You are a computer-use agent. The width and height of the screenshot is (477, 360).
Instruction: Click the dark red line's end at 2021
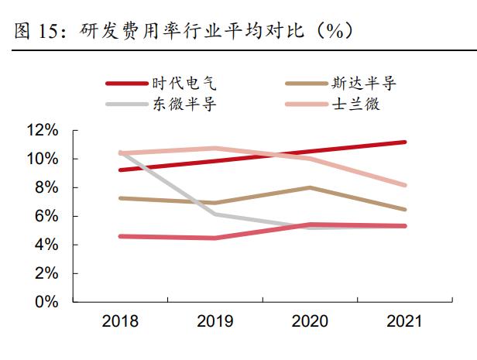(x=404, y=142)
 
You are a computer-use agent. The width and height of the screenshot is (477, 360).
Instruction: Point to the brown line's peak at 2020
(x=309, y=187)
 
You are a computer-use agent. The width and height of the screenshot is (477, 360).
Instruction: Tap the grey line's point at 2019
(x=214, y=214)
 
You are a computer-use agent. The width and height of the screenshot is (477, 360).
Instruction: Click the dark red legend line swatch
(x=125, y=84)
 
